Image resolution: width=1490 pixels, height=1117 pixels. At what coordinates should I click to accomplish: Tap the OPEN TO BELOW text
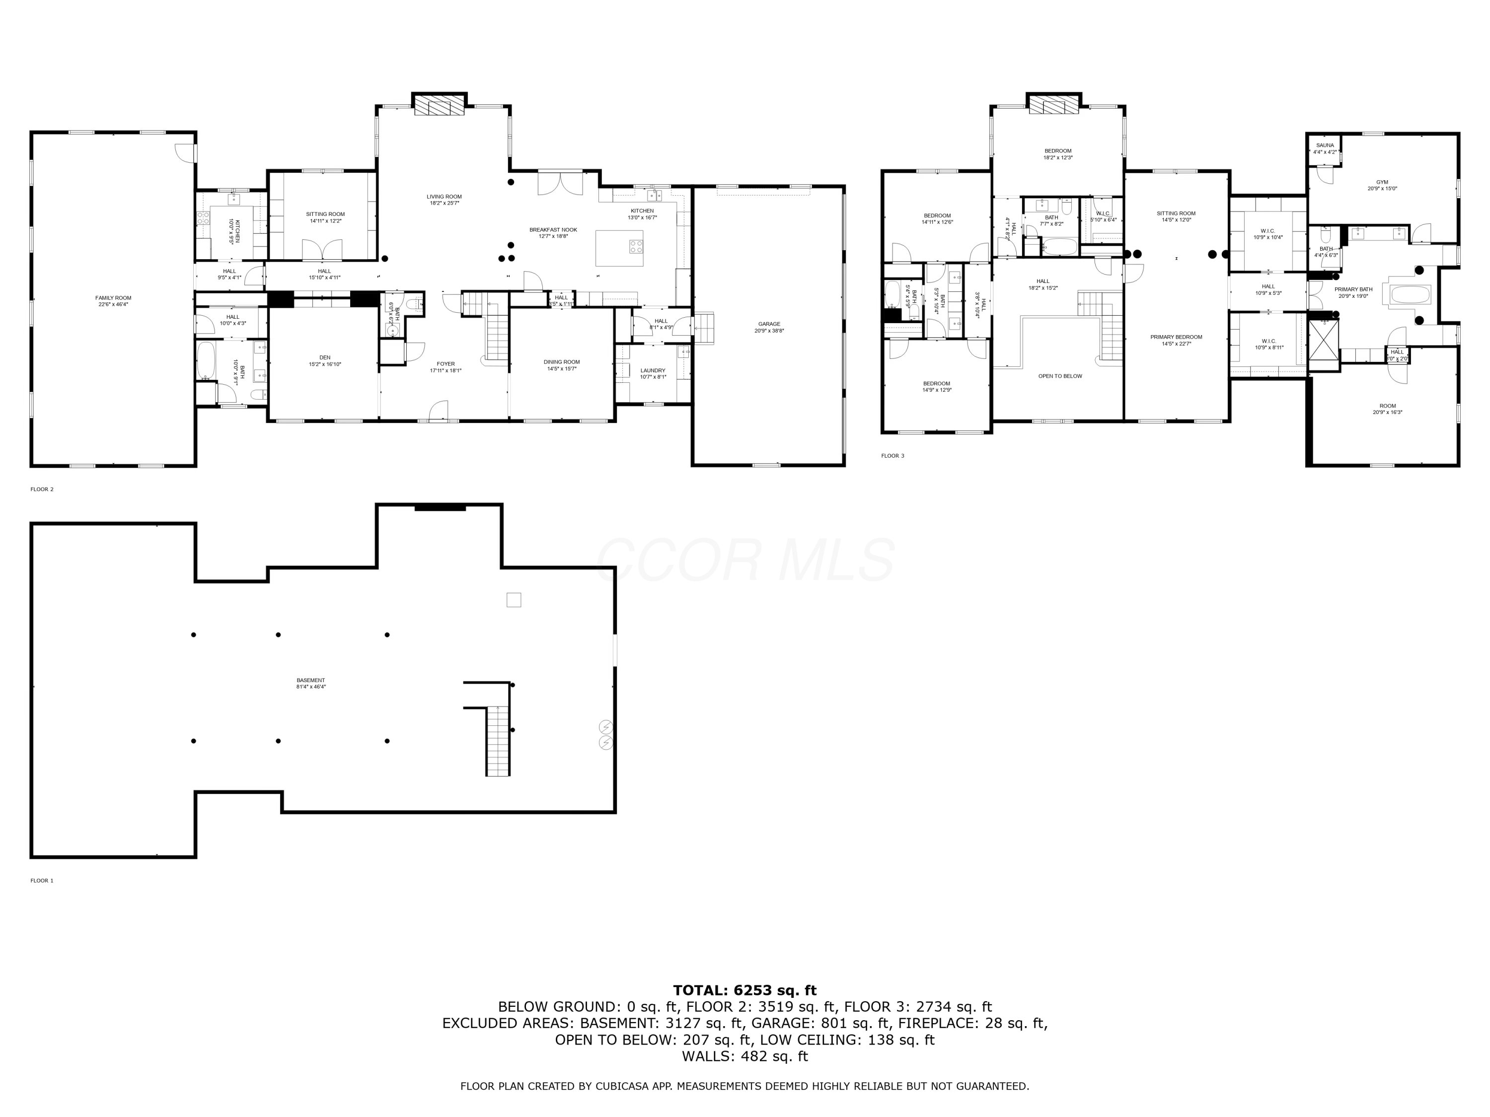pos(1059,376)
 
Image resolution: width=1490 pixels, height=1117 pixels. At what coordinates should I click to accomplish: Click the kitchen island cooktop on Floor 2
pos(636,246)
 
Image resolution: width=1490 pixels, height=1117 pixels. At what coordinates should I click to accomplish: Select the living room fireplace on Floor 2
pos(439,106)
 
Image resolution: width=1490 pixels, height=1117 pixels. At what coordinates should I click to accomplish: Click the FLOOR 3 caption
pos(893,456)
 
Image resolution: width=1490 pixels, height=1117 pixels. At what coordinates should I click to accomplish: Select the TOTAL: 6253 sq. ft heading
pos(745,990)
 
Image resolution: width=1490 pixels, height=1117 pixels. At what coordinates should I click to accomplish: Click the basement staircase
pos(497,741)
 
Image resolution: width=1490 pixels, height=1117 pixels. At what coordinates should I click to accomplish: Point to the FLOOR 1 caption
pos(42,880)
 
